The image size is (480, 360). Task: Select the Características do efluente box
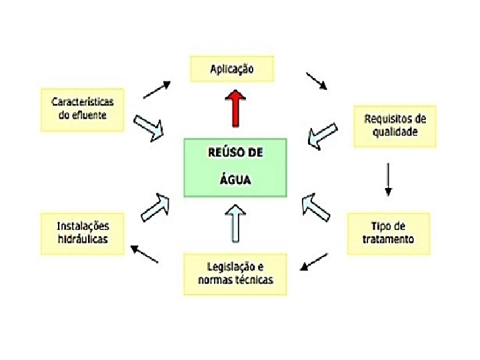(x=83, y=109)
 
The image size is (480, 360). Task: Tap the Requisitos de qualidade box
(x=395, y=125)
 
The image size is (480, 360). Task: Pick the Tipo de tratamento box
(x=389, y=233)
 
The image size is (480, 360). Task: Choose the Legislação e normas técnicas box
(x=235, y=273)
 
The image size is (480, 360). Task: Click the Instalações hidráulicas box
(x=83, y=233)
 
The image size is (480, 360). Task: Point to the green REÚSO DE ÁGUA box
(x=235, y=167)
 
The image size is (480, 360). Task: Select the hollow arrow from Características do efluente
(x=150, y=127)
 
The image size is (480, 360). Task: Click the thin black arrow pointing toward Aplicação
(x=157, y=89)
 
